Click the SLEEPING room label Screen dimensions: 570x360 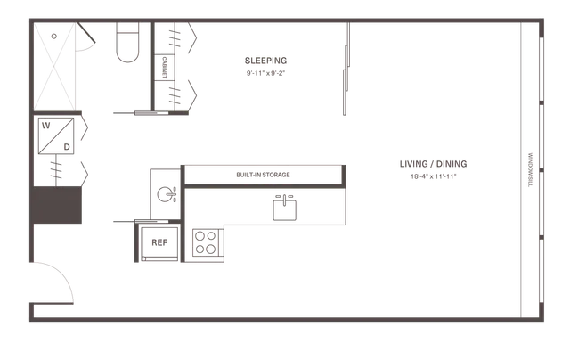coord(265,61)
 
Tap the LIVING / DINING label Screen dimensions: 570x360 coord(434,164)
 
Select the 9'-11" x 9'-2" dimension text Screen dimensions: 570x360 coord(265,73)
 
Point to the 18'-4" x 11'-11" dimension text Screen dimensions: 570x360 coord(434,176)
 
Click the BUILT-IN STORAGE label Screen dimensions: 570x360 coord(264,175)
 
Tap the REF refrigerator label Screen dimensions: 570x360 coord(159,242)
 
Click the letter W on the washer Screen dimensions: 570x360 coord(45,126)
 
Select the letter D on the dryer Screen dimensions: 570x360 coord(67,147)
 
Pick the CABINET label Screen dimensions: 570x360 coord(164,67)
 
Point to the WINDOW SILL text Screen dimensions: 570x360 coord(530,170)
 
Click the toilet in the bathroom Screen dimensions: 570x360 coord(127,42)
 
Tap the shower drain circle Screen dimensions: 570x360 coord(54,36)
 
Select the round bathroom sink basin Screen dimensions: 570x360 coord(165,194)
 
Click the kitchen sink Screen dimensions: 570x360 coord(285,209)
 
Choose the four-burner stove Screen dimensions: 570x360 coord(206,243)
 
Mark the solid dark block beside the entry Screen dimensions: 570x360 coord(57,205)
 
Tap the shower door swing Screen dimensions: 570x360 coord(86,37)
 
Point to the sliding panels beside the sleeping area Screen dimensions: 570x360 coord(346,70)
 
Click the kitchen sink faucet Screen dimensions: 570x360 coord(284,200)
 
